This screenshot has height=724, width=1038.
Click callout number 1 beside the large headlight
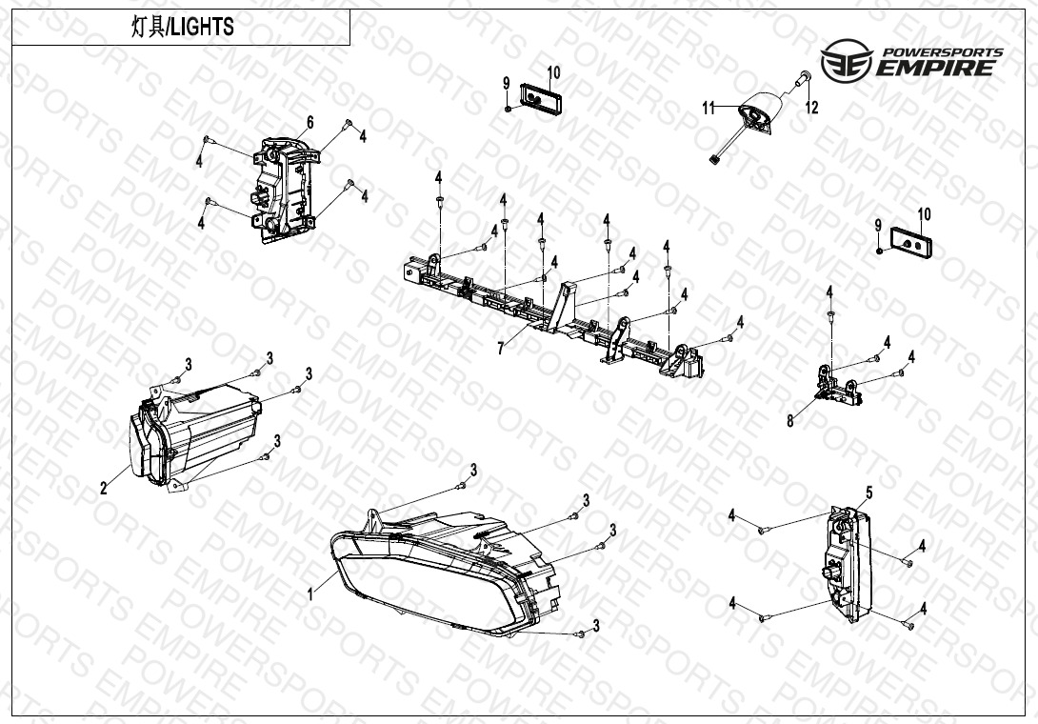pyautogui.click(x=309, y=594)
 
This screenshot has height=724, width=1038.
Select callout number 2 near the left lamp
pyautogui.click(x=103, y=489)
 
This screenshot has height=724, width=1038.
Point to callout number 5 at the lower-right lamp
pyautogui.click(x=869, y=493)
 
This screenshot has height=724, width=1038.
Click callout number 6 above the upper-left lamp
pyautogui.click(x=309, y=122)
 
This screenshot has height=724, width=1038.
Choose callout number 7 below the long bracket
pyautogui.click(x=501, y=348)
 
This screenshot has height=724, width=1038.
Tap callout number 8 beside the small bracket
pyautogui.click(x=789, y=421)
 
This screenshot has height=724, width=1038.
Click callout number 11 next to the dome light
pyautogui.click(x=709, y=108)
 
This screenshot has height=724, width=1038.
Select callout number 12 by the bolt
pyautogui.click(x=811, y=108)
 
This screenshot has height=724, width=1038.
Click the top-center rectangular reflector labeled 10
pyautogui.click(x=541, y=97)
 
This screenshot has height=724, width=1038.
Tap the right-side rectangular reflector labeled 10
pyautogui.click(x=911, y=243)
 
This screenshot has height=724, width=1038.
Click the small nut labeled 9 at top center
pyautogui.click(x=507, y=108)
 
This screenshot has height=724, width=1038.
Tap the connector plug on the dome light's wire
pyautogui.click(x=714, y=160)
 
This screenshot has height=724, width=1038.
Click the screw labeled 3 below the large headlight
pyautogui.click(x=581, y=633)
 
